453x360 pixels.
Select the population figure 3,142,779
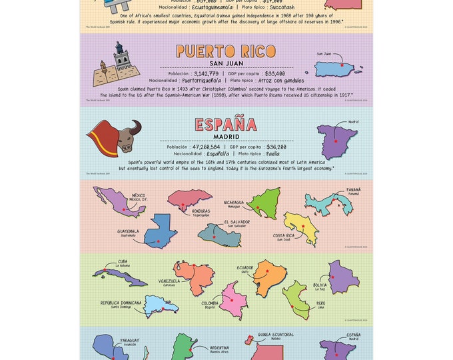[x=205, y=73]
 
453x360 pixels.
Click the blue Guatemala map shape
[x=161, y=232]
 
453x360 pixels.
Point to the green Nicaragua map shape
[x=264, y=201]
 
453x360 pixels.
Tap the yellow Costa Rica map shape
[x=301, y=227]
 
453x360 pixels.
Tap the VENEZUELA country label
[x=169, y=281]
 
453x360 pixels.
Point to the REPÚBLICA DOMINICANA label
[x=121, y=303]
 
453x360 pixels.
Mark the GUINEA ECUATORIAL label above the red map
[x=276, y=335]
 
